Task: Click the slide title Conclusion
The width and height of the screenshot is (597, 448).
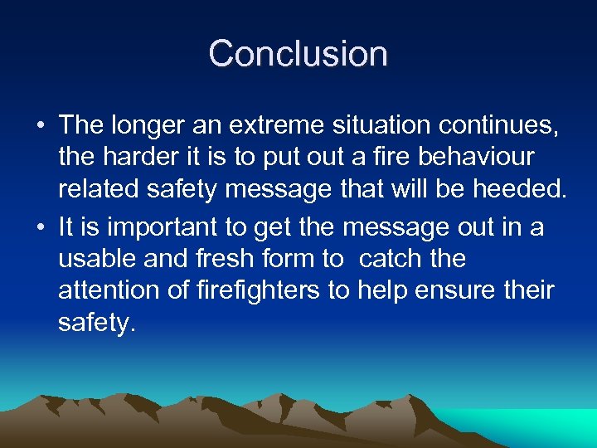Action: click(x=298, y=54)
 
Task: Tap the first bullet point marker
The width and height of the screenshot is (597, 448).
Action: click(x=40, y=126)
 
